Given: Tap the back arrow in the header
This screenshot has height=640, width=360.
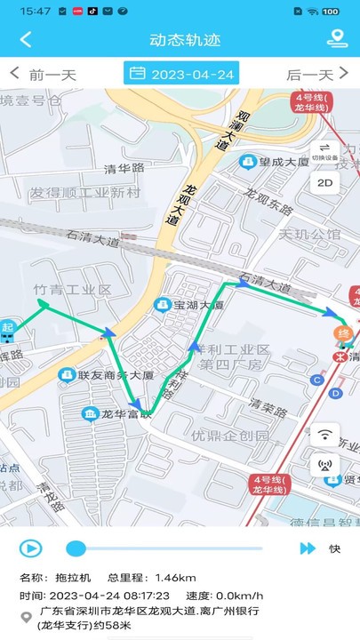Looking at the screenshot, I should pos(25,39).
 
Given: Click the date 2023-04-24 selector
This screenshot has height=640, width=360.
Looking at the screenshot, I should pos(182,74).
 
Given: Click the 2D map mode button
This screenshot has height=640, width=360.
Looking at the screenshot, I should pos(324,184).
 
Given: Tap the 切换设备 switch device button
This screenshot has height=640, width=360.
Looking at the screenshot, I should pos(324,152).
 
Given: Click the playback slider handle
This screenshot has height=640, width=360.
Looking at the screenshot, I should pos(76,548).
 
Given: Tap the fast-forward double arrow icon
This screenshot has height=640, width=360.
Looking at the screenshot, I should pos(307,548).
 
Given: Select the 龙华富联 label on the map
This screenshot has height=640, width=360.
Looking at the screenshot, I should pos(126,414).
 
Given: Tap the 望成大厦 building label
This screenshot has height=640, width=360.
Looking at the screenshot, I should pos(283,162).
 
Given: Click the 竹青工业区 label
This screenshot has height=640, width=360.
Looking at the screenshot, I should pos(72,290).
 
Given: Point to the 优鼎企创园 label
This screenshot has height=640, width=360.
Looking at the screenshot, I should pos(229,436).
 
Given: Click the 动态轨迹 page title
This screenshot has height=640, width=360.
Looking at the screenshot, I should pos(185,39).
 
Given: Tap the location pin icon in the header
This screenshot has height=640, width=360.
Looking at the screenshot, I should pos(336,39).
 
